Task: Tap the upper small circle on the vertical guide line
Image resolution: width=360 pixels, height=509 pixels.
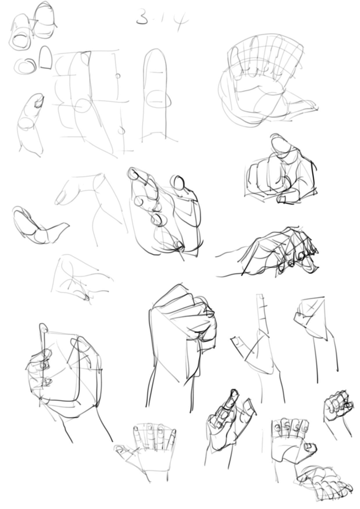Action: coord(118,76)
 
